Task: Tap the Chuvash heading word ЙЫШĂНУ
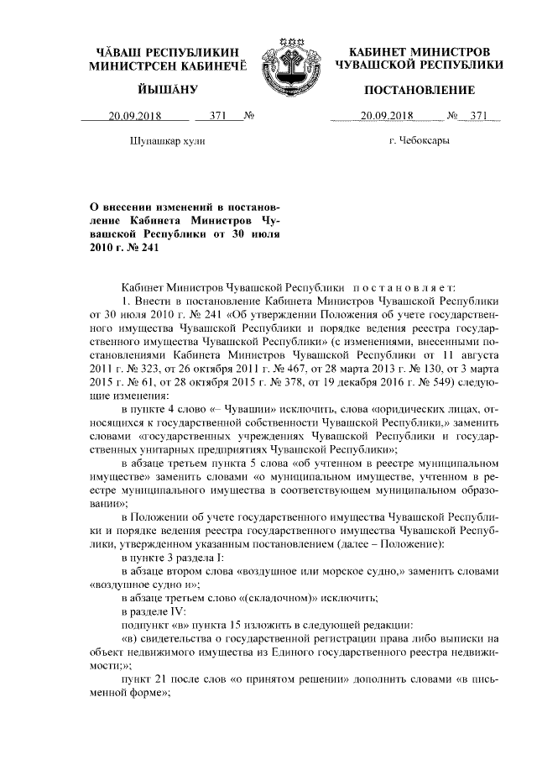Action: tap(167, 90)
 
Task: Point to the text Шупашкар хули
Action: tap(169, 141)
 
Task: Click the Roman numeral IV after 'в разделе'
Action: tap(185, 611)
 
